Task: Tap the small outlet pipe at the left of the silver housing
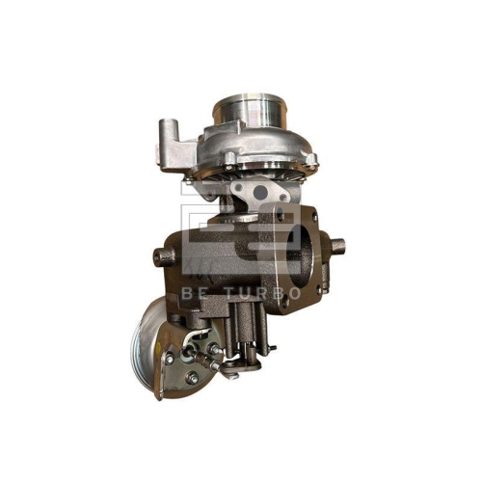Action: [170, 132]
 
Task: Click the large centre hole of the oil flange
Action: [255, 193]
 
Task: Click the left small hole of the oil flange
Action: [239, 188]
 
